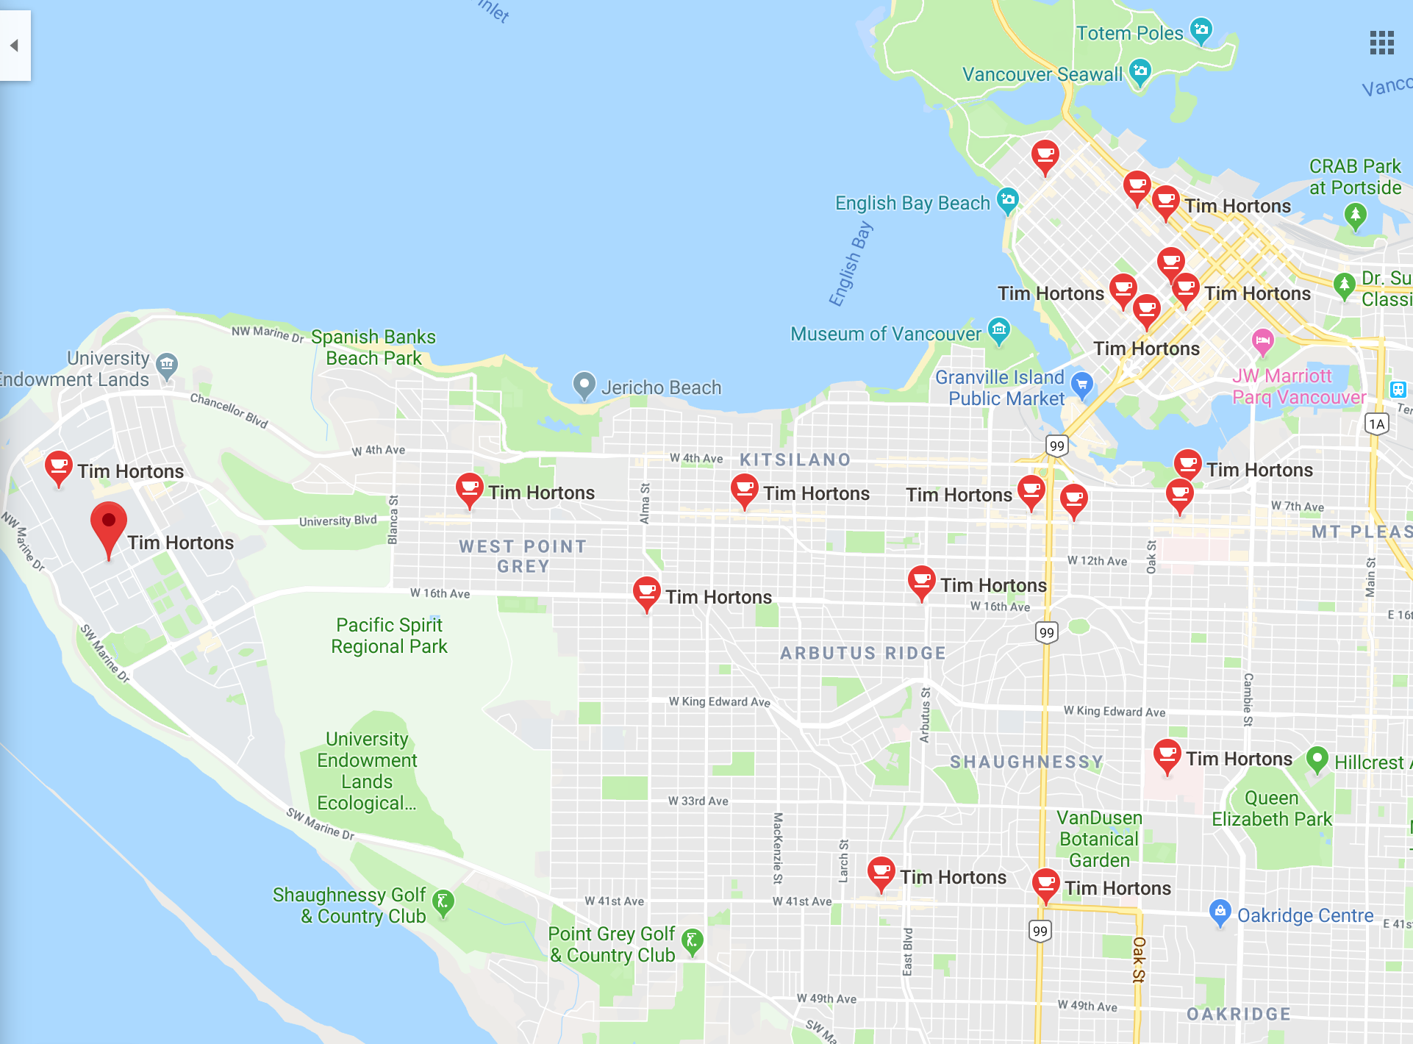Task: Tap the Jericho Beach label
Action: click(x=660, y=387)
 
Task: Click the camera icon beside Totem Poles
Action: click(x=1201, y=30)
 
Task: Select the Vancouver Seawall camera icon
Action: click(x=1140, y=71)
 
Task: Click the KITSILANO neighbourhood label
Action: click(x=795, y=460)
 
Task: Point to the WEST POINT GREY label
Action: click(x=523, y=556)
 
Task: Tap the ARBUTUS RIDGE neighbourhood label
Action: click(x=862, y=653)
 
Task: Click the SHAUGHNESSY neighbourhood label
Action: click(x=1026, y=762)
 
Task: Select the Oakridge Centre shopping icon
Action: click(x=1220, y=912)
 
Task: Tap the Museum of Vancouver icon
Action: click(x=998, y=329)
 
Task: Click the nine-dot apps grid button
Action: click(x=1381, y=43)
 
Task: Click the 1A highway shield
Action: click(x=1376, y=423)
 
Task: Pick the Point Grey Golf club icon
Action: click(x=692, y=940)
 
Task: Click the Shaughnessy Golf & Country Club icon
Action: click(x=443, y=902)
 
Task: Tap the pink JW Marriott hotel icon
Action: click(x=1262, y=340)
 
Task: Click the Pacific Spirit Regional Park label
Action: click(x=389, y=635)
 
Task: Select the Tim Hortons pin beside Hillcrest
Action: click(x=1167, y=755)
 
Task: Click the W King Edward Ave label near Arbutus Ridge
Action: click(x=719, y=701)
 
